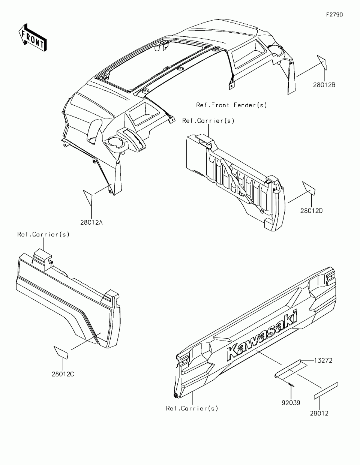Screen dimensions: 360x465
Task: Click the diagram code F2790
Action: pos(334,15)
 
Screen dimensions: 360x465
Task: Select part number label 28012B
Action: pos(324,85)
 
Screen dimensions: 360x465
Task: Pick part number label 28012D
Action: pos(311,211)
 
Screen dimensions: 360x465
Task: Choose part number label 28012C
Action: pos(63,374)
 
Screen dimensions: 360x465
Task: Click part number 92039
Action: pos(291,403)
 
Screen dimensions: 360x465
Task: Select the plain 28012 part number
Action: pos(319,413)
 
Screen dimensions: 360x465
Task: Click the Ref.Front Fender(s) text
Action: pos(232,105)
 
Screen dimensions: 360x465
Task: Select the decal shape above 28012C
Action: pos(61,352)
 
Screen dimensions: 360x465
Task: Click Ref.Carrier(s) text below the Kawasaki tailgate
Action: pos(192,408)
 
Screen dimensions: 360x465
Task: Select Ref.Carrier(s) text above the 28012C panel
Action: pos(43,234)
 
